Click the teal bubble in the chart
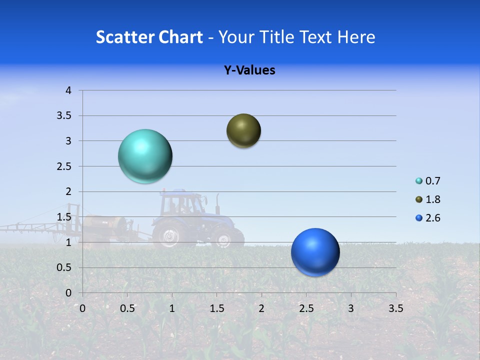pyautogui.click(x=145, y=156)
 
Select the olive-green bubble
pyautogui.click(x=243, y=131)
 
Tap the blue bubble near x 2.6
pyautogui.click(x=315, y=252)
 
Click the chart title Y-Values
pyautogui.click(x=249, y=70)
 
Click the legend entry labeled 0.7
pyautogui.click(x=428, y=181)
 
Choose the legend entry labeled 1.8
pyautogui.click(x=428, y=199)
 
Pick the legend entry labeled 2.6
pyautogui.click(x=428, y=218)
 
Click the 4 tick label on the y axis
pyautogui.click(x=68, y=90)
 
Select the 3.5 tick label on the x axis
pyautogui.click(x=395, y=308)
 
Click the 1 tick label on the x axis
pyautogui.click(x=172, y=308)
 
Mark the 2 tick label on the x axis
pyautogui.click(x=261, y=308)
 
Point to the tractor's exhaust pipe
pyautogui.click(x=217, y=202)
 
